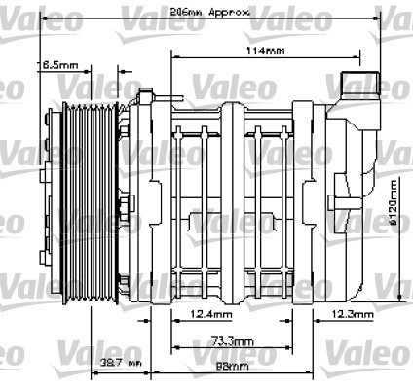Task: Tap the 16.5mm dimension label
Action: [58, 65]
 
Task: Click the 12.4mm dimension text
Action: [211, 314]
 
